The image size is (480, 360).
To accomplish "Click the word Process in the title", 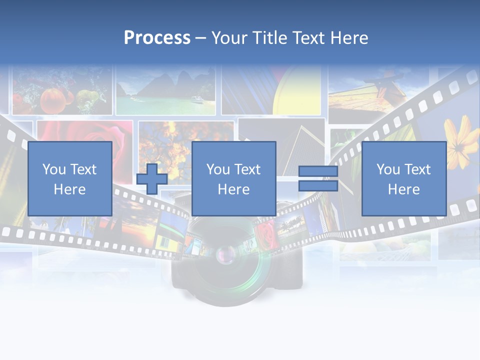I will click(157, 38).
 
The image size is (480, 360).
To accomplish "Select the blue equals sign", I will click(318, 178).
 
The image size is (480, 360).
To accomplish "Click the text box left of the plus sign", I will click(69, 178).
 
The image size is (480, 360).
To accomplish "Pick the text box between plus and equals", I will click(233, 178).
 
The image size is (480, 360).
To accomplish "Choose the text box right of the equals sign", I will click(403, 178).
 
